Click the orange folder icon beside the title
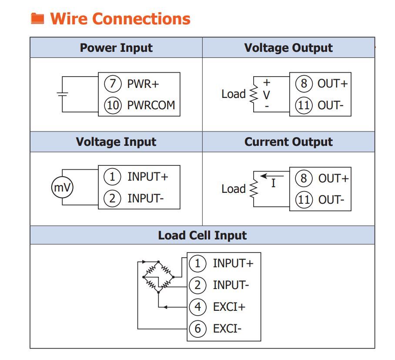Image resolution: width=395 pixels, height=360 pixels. (x=38, y=19)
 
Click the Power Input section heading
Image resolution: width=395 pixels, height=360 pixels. (x=116, y=48)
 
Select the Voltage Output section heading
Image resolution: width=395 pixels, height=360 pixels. (x=288, y=48)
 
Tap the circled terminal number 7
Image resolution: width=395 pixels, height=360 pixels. (x=113, y=84)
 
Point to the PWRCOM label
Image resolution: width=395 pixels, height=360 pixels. (x=151, y=105)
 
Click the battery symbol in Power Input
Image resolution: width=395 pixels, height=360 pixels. (x=63, y=94)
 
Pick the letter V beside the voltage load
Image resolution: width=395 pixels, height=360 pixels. (x=267, y=94)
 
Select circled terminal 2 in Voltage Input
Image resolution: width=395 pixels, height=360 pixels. (x=112, y=199)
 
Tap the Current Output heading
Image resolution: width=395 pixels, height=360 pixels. (x=288, y=142)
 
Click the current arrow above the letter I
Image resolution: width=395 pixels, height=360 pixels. (x=271, y=176)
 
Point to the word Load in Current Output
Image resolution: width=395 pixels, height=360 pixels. (x=234, y=189)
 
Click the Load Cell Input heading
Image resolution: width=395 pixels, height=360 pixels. (x=202, y=236)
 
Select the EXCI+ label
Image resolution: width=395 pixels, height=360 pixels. (x=229, y=306)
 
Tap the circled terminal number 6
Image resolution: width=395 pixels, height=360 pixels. (x=197, y=328)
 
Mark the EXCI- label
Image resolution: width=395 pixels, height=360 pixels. (x=227, y=328)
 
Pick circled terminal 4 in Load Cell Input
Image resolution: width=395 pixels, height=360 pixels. (x=197, y=306)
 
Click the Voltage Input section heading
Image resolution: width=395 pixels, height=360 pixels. (x=116, y=142)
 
